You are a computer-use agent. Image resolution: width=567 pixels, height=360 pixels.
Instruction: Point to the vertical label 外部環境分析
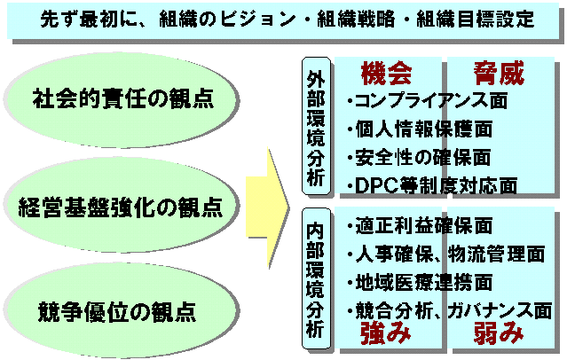coord(313,129)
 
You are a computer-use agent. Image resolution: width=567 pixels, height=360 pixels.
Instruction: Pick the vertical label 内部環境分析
coord(313,275)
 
